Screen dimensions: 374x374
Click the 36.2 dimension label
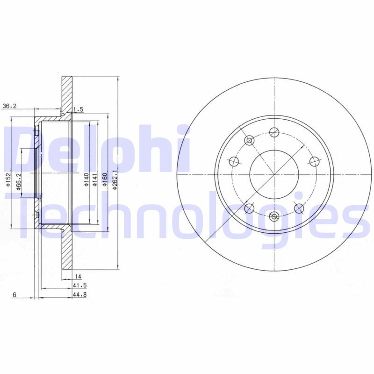point(9,106)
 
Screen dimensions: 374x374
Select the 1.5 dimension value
point(78,109)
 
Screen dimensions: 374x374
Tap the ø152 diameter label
point(8,180)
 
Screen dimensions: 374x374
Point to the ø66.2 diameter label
point(19,182)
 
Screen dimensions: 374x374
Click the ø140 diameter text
point(86,180)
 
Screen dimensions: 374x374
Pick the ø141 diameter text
point(95,180)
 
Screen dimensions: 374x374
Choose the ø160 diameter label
point(105,180)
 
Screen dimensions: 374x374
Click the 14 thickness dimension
point(78,276)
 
